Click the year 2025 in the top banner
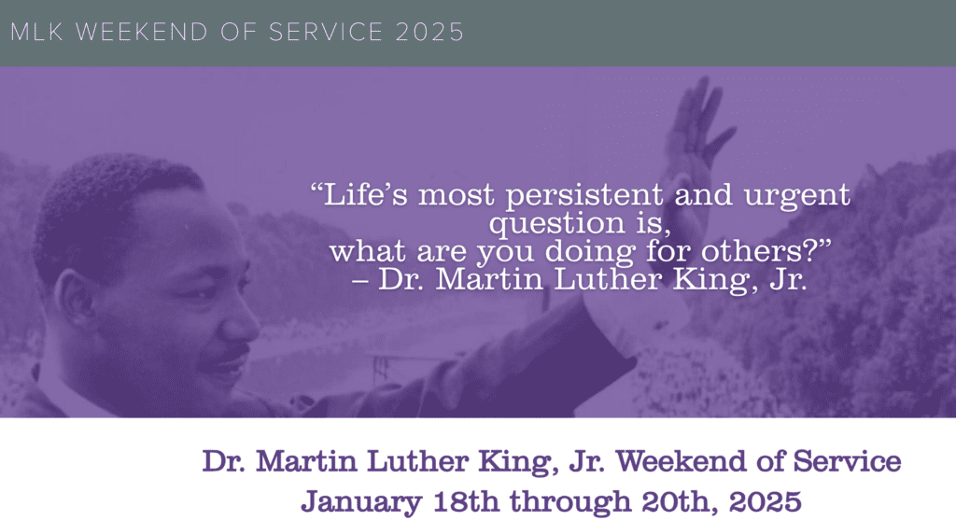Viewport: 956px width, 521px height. click(x=429, y=33)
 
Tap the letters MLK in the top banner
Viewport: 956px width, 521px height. click(x=37, y=33)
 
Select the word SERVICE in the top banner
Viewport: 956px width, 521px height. click(x=326, y=33)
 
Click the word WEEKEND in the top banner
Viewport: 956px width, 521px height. click(x=142, y=33)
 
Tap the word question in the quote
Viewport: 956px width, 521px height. click(x=556, y=224)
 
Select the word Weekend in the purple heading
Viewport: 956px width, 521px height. click(x=681, y=461)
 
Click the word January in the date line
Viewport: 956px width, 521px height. click(x=361, y=502)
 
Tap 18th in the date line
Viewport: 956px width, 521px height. click(x=466, y=500)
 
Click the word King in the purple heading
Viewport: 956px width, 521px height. click(x=517, y=462)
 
